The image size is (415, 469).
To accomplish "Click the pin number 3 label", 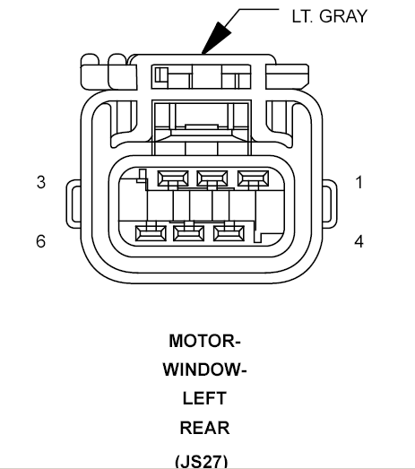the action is coord(41,182).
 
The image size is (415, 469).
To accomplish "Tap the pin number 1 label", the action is coord(359,182).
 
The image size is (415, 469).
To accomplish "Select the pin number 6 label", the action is coord(41,241).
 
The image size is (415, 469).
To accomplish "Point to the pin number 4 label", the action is coord(359,241).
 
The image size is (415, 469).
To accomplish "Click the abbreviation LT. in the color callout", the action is coord(303,16).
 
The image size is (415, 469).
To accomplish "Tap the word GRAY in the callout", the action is coord(343,16).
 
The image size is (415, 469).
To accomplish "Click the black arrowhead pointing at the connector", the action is coord(216,38).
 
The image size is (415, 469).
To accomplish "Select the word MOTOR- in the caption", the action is coord(204,341).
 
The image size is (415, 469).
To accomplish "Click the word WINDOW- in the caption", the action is coord(204,369).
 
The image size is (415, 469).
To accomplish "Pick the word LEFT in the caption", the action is coord(204,398).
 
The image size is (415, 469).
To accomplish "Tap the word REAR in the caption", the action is coord(204,428).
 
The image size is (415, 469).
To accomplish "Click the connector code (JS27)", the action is coord(202,462).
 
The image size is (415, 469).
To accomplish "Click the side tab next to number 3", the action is coord(73,204).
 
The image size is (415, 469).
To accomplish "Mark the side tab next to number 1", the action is coord(330,204).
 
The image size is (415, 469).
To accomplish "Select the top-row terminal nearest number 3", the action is coord(173,178).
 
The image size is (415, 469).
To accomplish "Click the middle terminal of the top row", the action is coord(212,178).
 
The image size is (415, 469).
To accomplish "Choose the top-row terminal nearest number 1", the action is coord(253,178).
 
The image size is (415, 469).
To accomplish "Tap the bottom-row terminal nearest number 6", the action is coord(151,233).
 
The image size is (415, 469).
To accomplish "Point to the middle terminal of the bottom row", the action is coord(188,233).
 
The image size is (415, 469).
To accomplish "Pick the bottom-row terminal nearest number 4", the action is coord(229,233).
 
